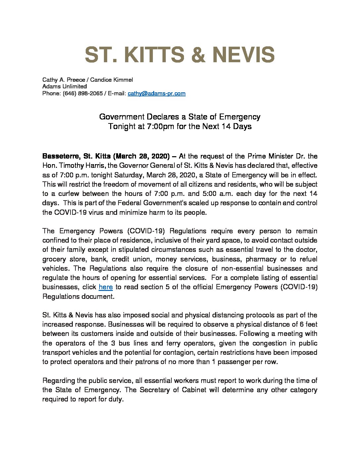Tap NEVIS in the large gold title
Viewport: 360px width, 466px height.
243,55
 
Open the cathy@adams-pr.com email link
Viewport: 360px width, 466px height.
157,93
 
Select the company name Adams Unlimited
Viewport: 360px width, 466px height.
65,86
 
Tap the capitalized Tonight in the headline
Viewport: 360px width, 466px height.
121,126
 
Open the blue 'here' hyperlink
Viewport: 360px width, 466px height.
106,287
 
